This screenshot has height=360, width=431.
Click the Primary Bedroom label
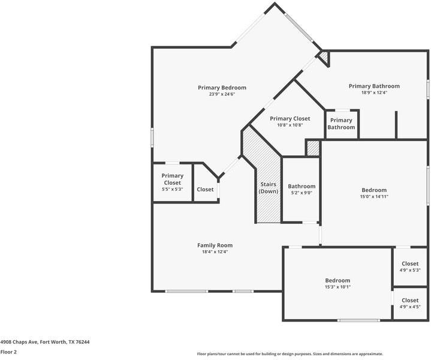click(222, 88)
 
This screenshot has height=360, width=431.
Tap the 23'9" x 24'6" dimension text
click(222, 94)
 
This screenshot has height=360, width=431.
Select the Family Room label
click(215, 245)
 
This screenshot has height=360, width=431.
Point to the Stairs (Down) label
click(269, 188)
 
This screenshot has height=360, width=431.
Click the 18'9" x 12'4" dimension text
click(374, 93)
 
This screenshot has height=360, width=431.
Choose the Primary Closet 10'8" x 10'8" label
click(290, 121)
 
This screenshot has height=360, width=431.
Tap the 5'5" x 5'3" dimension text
click(173, 190)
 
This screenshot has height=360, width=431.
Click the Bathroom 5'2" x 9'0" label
click(302, 189)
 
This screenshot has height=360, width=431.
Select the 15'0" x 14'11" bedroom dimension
click(374, 197)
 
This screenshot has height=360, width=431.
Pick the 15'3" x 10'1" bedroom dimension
click(337, 287)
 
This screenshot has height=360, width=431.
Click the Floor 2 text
click(8, 352)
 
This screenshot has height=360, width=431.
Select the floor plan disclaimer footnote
click(290, 354)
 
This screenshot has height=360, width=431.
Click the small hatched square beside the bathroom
click(313, 148)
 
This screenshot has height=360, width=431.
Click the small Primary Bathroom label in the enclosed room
click(341, 124)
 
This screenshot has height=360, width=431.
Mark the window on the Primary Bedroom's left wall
click(152, 137)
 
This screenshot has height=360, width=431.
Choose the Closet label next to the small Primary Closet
click(205, 190)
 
